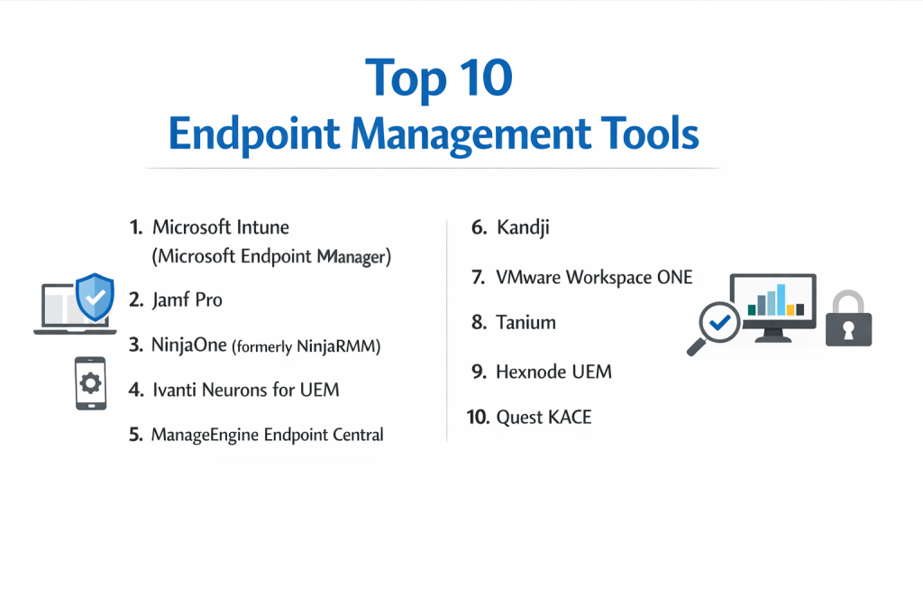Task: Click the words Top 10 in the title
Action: tap(439, 78)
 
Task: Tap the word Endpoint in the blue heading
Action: tap(254, 134)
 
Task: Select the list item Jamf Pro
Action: tap(187, 299)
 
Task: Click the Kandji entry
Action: tap(523, 228)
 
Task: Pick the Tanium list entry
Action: tap(525, 322)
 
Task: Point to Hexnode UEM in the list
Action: tap(554, 372)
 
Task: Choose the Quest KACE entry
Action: tap(544, 417)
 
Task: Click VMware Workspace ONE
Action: tap(594, 278)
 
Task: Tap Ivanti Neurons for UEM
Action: tap(245, 390)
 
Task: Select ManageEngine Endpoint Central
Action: tap(267, 435)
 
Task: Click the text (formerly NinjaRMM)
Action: tap(306, 346)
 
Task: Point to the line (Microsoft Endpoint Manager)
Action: tap(271, 257)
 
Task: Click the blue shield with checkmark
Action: tap(95, 297)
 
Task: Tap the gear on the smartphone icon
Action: tap(91, 383)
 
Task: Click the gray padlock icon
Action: tap(848, 318)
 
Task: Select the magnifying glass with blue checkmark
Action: tap(715, 327)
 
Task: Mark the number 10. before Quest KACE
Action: tap(478, 417)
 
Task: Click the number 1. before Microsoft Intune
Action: tap(136, 227)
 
